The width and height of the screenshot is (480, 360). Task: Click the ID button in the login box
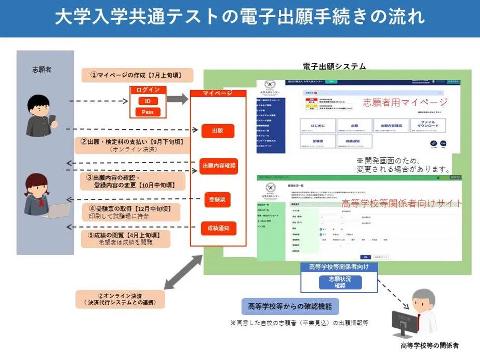point(148,101)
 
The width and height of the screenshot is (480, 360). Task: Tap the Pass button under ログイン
point(148,112)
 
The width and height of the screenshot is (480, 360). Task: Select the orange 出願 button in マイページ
point(218,131)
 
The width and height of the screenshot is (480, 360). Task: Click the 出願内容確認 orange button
point(218,166)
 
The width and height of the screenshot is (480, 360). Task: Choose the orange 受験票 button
point(217,199)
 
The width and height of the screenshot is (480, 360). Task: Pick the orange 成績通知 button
point(218,228)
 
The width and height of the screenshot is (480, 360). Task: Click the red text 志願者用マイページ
point(405,102)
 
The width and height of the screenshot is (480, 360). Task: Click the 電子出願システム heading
point(334,66)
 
